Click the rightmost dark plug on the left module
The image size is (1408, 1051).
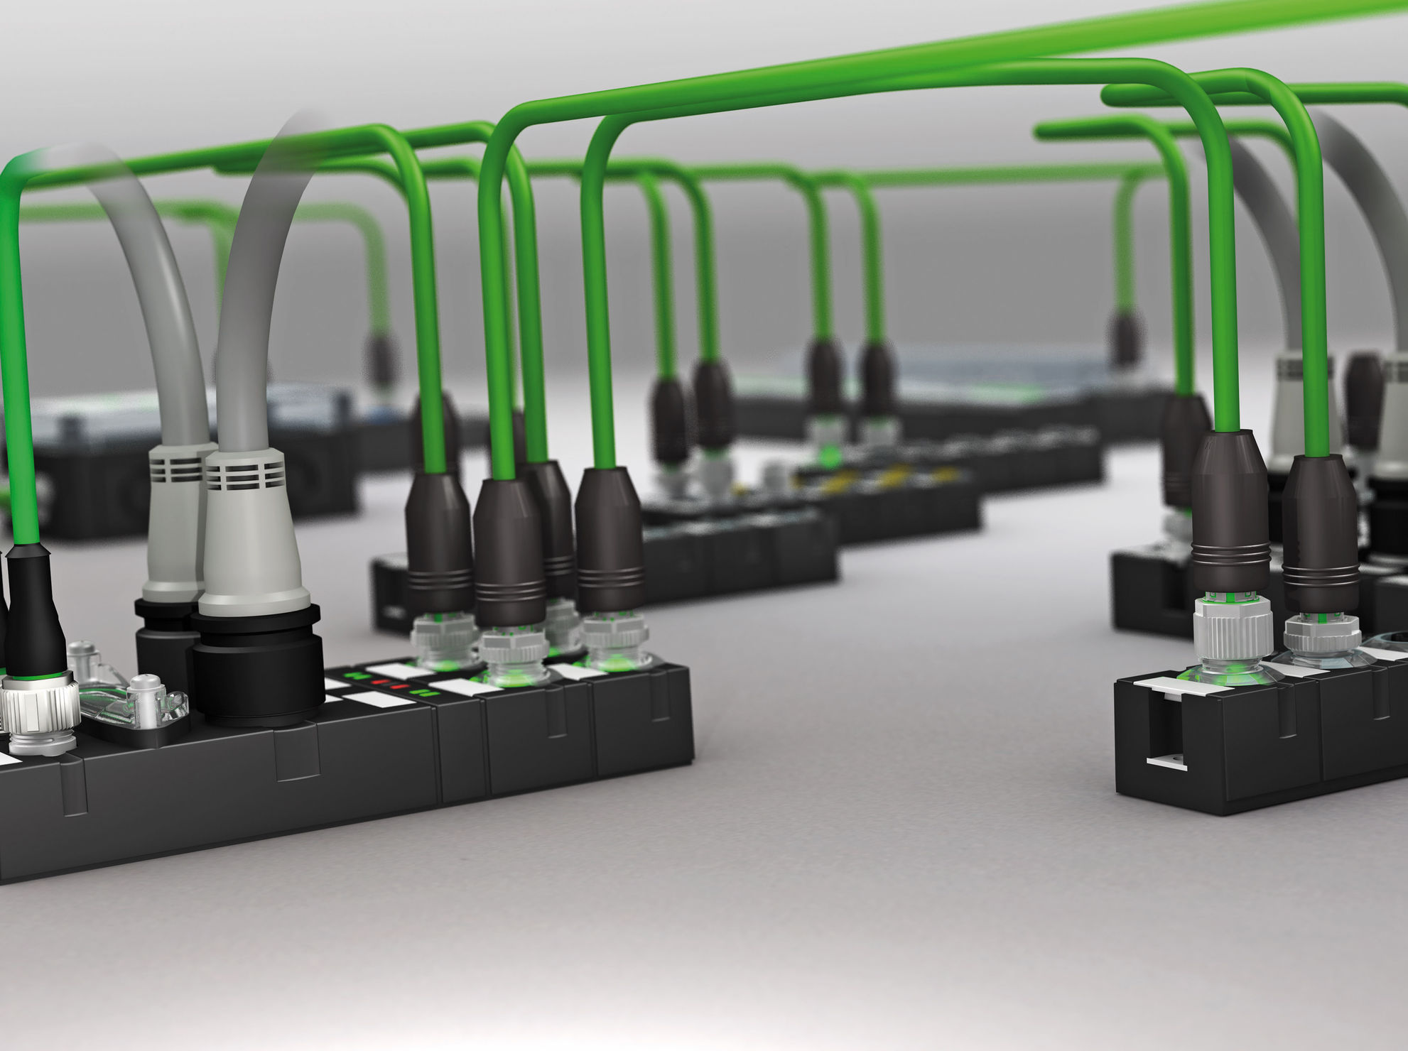(610, 540)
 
